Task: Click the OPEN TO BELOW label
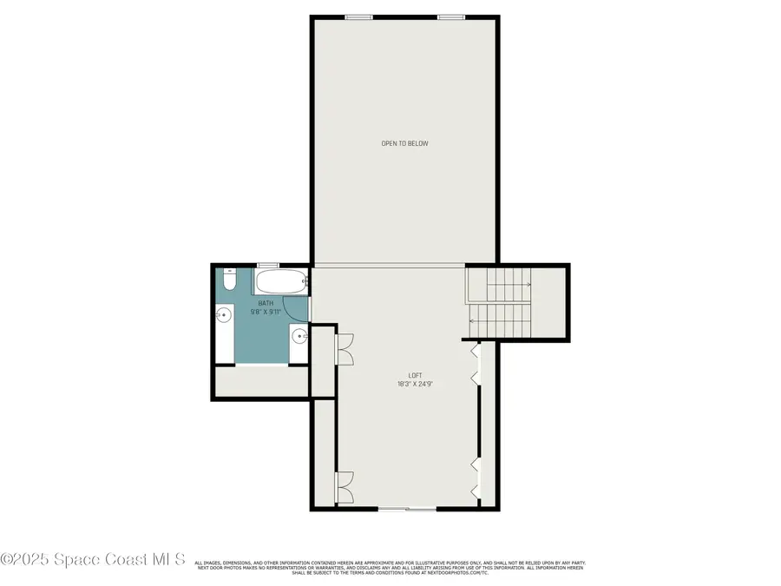[x=404, y=143]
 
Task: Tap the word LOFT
[x=404, y=375]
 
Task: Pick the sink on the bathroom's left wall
[x=223, y=316]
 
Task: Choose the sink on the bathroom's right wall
[x=299, y=337]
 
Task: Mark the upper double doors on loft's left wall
[x=345, y=347]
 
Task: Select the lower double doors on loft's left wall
[x=345, y=486]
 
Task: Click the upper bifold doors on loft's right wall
[x=475, y=365]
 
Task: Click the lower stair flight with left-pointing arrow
[x=498, y=321]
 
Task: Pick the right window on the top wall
[x=450, y=16]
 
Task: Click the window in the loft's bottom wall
[x=406, y=509]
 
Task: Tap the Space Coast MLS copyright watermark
[x=93, y=560]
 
